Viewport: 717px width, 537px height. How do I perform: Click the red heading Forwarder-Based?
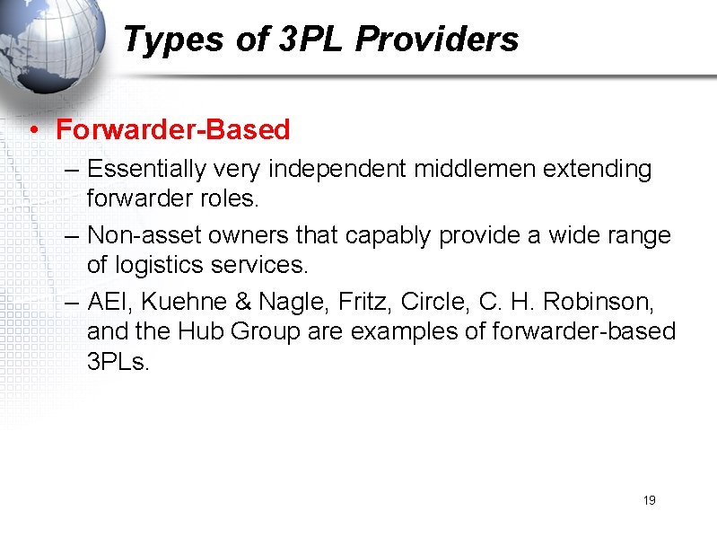[x=173, y=129]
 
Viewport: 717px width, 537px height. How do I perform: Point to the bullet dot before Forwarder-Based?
[x=31, y=131]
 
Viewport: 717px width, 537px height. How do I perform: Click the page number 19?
[x=649, y=500]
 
